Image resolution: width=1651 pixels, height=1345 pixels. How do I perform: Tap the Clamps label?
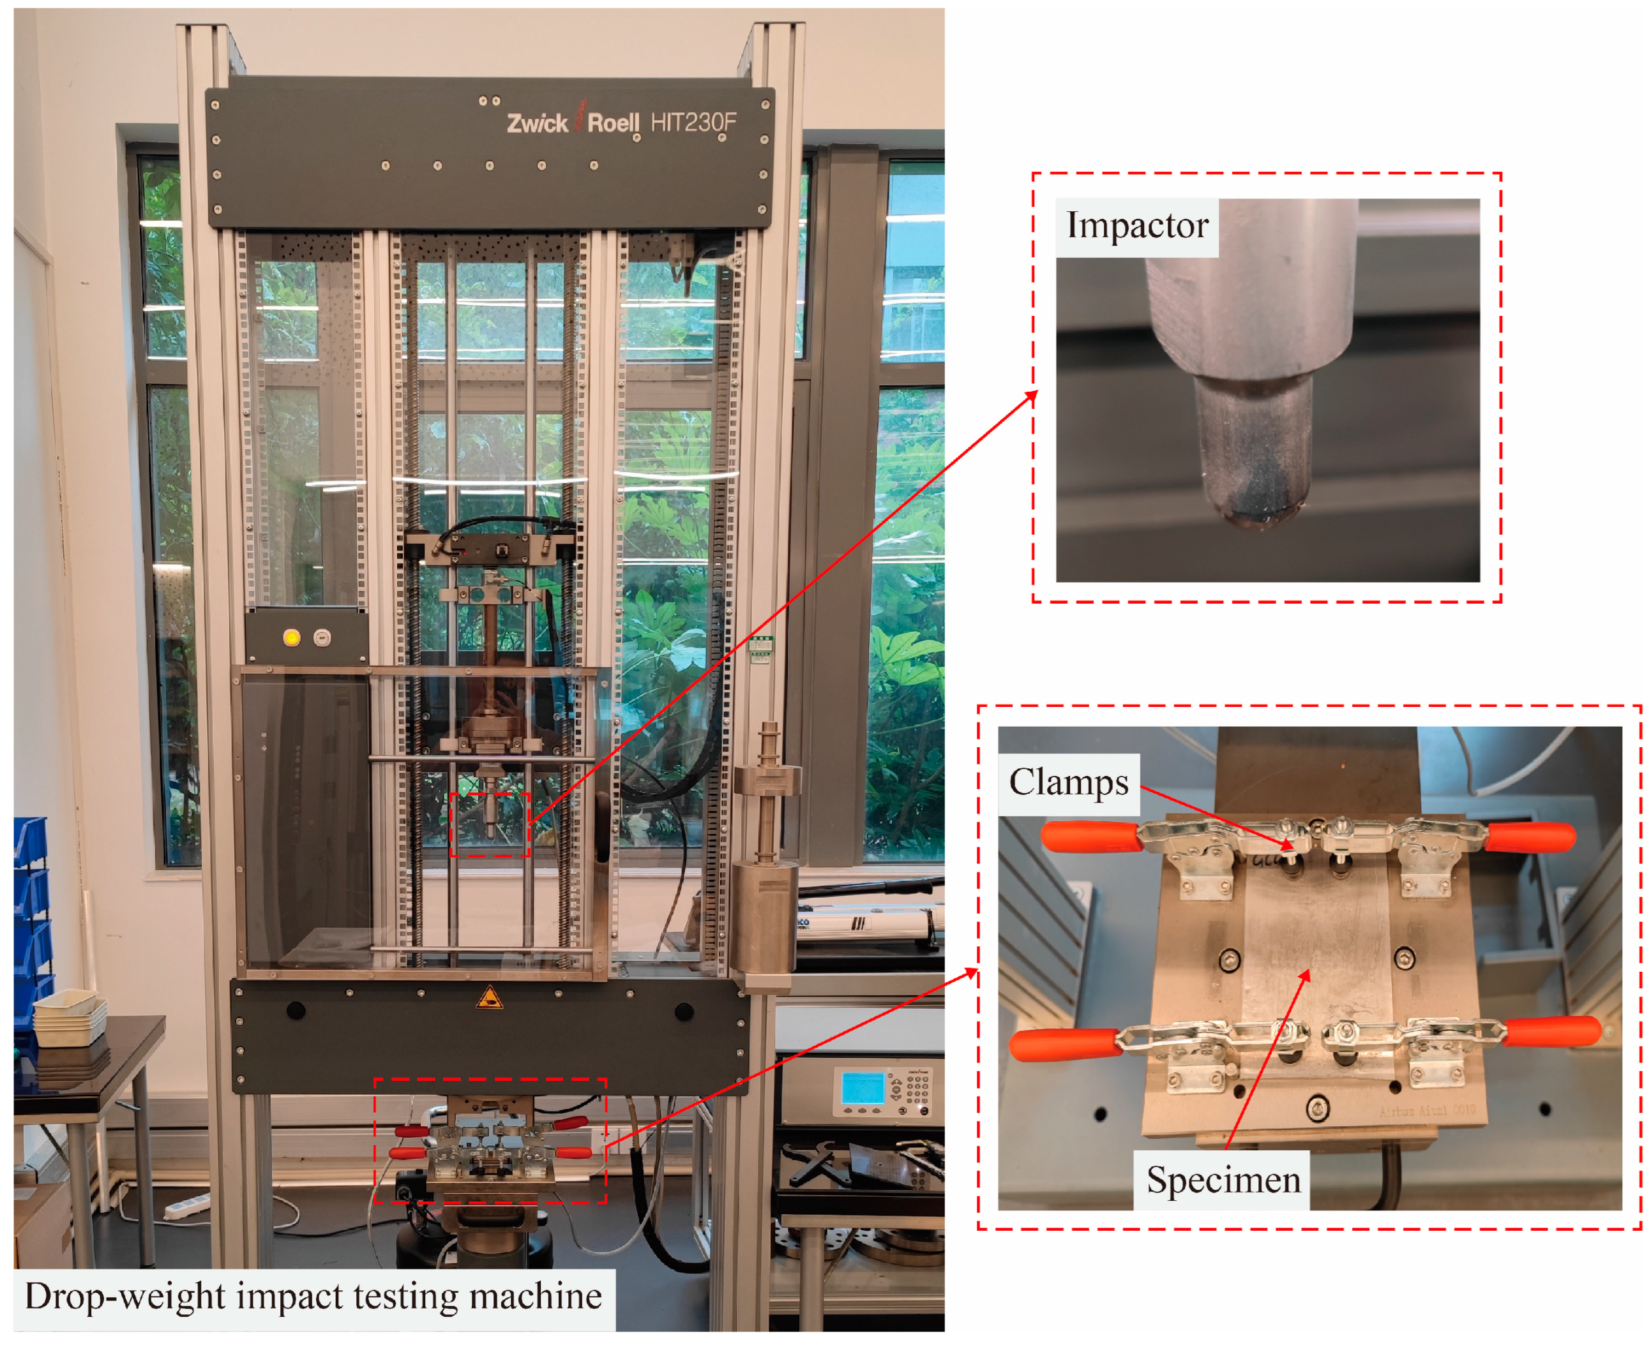[1068, 782]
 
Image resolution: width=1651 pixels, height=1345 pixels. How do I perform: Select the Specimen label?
[1223, 1180]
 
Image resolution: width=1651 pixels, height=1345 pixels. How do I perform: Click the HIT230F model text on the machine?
[693, 123]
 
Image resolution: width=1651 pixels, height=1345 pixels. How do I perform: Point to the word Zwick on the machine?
[537, 123]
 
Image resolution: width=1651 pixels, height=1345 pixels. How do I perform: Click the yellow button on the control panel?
[291, 637]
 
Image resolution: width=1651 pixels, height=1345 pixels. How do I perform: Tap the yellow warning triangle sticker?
[489, 998]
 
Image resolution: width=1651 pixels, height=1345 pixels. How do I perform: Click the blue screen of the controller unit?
[862, 1088]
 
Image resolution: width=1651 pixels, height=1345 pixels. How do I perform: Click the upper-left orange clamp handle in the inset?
[1089, 836]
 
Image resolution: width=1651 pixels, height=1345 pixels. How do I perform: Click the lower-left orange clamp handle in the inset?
[1064, 1044]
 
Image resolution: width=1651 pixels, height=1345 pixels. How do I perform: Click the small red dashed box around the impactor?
[490, 824]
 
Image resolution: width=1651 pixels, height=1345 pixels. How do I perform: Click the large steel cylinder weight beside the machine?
[765, 916]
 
